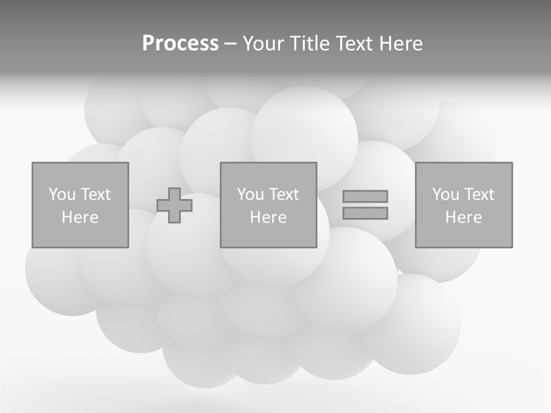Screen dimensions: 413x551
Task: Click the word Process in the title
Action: (180, 44)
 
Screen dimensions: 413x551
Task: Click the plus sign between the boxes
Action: (174, 205)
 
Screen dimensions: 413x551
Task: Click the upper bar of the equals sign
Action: (365, 196)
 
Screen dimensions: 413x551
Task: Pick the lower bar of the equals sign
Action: (365, 213)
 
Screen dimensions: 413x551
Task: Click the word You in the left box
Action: (62, 194)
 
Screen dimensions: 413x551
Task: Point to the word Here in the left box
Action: (80, 217)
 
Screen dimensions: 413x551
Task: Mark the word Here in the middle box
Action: (268, 217)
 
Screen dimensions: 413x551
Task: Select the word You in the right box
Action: (445, 194)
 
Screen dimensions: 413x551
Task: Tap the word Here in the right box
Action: (463, 217)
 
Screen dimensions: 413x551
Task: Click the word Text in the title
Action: (354, 44)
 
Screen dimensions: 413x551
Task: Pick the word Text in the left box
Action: (95, 194)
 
